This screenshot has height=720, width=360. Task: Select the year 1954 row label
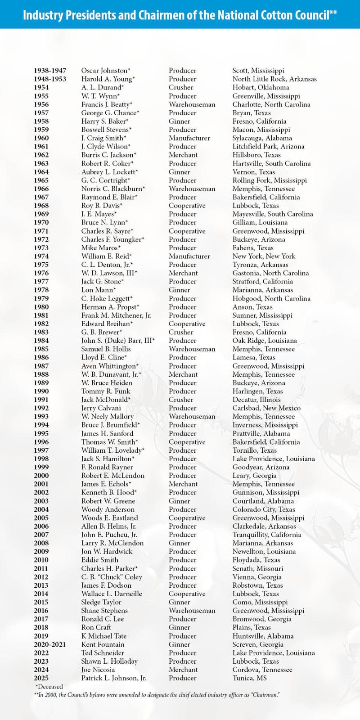41,87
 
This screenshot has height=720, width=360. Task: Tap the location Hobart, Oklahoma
261,87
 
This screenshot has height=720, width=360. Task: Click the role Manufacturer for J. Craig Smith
189,138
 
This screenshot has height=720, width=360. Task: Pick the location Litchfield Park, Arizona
268,147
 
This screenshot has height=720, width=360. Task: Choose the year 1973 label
41,248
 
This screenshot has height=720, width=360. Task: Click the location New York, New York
264,256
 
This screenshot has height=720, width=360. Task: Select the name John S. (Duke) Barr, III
117,341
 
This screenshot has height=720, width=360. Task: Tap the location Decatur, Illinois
256,400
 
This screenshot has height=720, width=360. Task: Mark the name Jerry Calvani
101,408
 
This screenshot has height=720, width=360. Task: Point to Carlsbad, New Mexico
266,408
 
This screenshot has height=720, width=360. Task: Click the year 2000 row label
41,476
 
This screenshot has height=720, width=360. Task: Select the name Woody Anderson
108,509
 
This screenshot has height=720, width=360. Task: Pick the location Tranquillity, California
266,535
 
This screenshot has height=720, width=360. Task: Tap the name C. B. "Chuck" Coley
111,577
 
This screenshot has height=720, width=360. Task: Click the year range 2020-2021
49,644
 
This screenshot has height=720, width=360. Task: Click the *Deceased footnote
49,687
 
